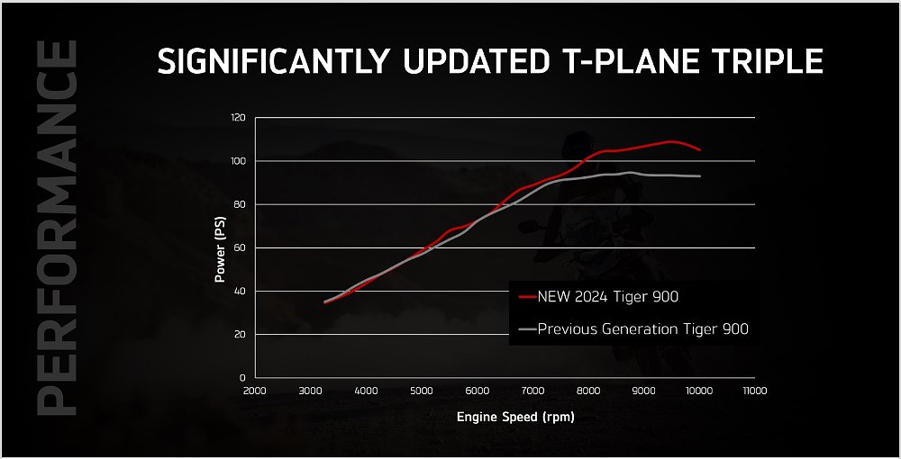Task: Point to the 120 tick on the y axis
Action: (x=239, y=118)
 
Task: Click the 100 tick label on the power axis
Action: (x=239, y=161)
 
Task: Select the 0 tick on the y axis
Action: (x=244, y=377)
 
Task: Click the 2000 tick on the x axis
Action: (x=255, y=391)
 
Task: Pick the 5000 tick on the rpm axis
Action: (x=422, y=391)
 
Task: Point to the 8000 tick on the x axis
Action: (x=588, y=391)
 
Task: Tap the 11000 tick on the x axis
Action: (x=755, y=391)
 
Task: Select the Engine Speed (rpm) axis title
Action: (x=515, y=418)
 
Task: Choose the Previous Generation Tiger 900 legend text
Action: (x=642, y=329)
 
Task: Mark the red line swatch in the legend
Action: (x=528, y=295)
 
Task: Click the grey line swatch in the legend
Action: (x=528, y=329)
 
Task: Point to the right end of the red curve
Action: (x=700, y=149)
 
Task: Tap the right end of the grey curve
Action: (x=700, y=176)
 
